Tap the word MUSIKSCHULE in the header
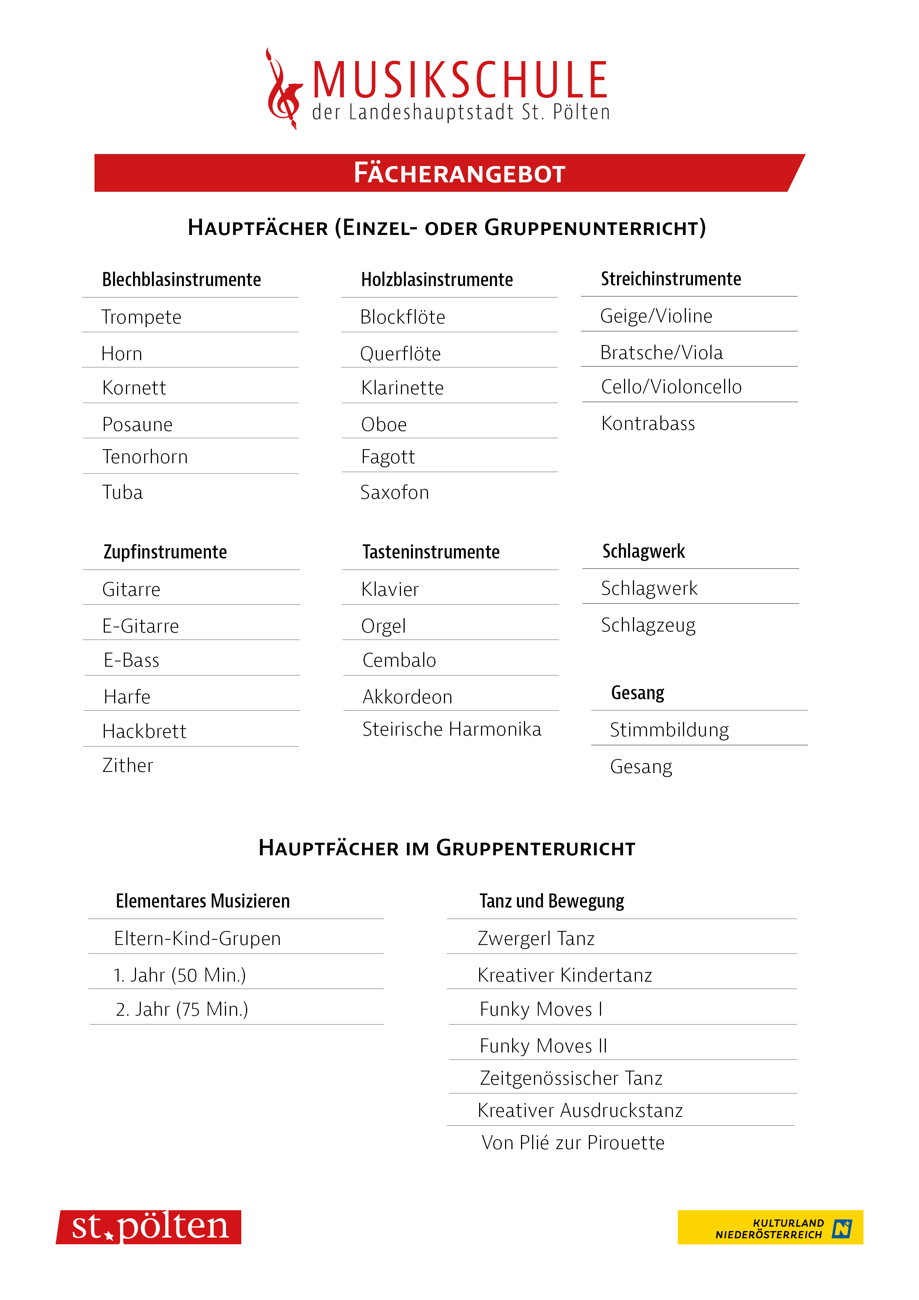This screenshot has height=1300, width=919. [x=460, y=80]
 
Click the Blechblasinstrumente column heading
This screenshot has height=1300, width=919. [x=181, y=280]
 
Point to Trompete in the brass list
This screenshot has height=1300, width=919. [x=141, y=317]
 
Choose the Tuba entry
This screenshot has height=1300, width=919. [x=122, y=493]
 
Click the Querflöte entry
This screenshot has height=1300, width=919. [x=400, y=354]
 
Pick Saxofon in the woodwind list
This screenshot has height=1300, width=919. [x=395, y=493]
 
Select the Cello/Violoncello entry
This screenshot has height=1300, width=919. [x=671, y=387]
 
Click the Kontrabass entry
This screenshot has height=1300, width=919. [x=648, y=424]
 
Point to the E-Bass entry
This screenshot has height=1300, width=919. [x=132, y=660]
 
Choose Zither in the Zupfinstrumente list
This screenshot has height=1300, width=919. [x=128, y=766]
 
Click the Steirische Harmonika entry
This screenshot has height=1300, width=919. [x=451, y=729]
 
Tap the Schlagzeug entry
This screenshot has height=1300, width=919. [x=648, y=625]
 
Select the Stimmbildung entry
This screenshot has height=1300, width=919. [x=669, y=730]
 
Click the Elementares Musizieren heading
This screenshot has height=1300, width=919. [x=203, y=901]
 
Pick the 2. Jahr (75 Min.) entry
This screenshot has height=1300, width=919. [x=182, y=1009]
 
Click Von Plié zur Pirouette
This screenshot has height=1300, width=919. [x=573, y=1143]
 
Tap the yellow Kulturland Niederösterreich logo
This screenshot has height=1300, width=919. [x=770, y=1227]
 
